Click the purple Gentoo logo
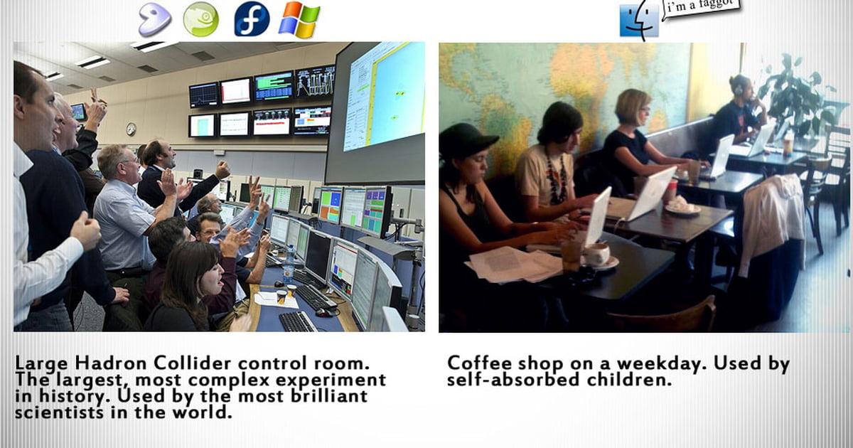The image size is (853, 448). click(x=154, y=19)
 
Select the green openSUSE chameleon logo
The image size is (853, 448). click(x=201, y=19)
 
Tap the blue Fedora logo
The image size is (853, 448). click(x=252, y=19)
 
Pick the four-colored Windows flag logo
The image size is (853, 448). click(x=300, y=20)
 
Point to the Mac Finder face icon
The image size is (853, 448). click(x=639, y=21)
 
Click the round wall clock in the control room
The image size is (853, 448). click(x=131, y=129)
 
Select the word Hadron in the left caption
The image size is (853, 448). click(x=110, y=363)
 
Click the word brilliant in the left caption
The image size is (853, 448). click(x=329, y=396)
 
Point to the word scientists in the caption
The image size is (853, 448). click(x=60, y=412)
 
